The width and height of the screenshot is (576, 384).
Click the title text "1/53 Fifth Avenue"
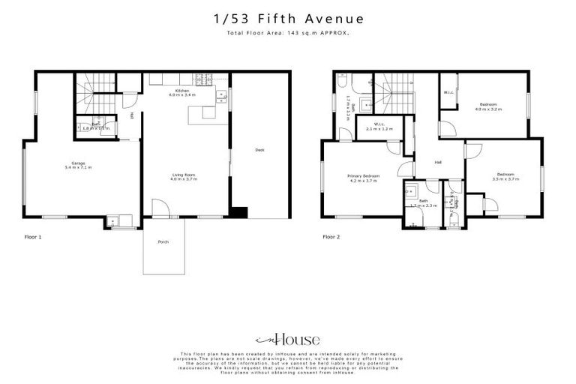pos(287,18)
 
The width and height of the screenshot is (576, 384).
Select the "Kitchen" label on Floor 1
pos(181,90)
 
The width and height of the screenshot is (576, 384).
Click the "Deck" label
pos(259,150)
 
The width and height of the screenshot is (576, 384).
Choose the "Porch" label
pos(163,242)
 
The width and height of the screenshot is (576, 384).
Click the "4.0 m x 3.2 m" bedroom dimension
pos(487,109)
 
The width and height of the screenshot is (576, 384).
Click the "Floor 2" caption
pos(331,236)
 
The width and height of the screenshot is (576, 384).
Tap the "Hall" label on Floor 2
pos(438,163)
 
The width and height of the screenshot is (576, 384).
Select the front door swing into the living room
pos(160,208)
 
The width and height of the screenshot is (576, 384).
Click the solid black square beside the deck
pos(238,212)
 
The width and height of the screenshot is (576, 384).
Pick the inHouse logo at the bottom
pos(288,339)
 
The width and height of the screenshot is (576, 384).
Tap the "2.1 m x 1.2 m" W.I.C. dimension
pos(378,129)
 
